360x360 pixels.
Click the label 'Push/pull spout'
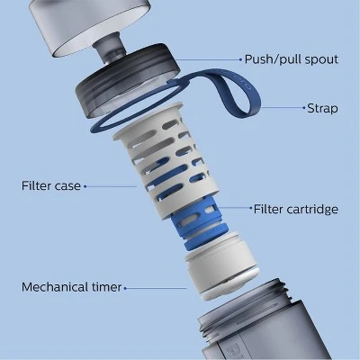tap(290, 59)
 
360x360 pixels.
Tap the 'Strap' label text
tap(321, 108)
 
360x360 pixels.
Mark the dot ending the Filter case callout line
tap(85, 186)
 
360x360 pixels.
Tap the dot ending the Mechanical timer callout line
tap(125, 288)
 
